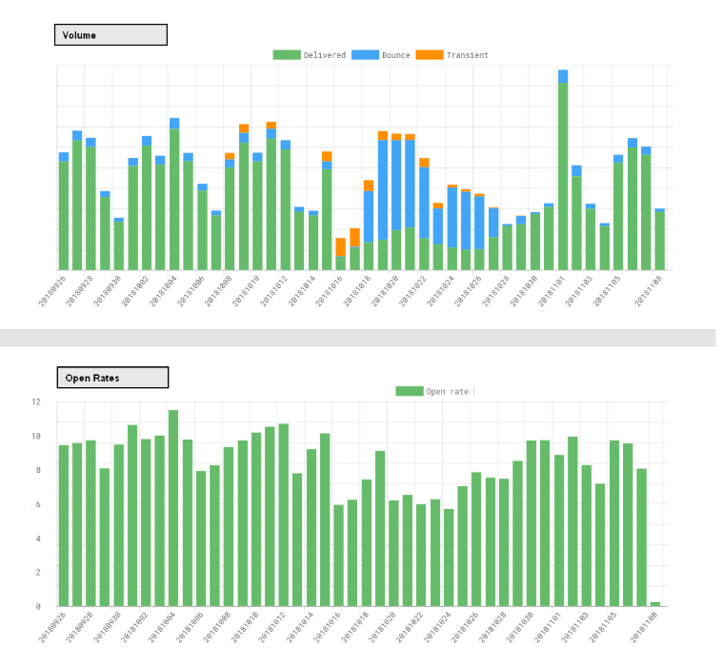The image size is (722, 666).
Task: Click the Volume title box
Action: [x=110, y=35]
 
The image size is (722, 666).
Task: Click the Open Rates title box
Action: [x=112, y=378]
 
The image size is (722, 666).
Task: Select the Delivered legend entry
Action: [x=310, y=55]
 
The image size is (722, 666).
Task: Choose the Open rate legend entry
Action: [x=433, y=391]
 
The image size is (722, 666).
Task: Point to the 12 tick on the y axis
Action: [x=36, y=402]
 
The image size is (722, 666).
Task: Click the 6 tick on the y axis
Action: [x=36, y=504]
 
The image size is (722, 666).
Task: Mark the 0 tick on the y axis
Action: [x=36, y=606]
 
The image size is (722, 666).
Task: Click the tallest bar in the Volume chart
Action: [x=563, y=176]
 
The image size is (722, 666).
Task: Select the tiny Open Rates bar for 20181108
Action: [x=655, y=603]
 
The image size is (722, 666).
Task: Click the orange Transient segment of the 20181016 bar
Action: [x=341, y=246]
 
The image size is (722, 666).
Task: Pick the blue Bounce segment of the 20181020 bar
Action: [x=396, y=186]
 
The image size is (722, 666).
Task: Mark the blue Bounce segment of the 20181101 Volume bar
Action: [x=563, y=76]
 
